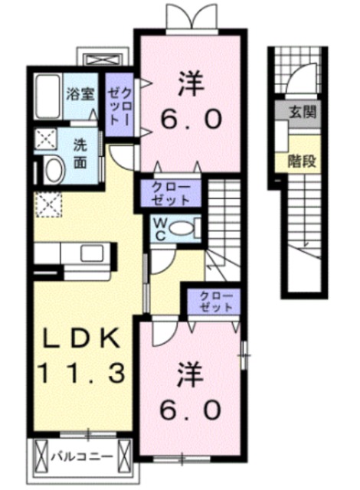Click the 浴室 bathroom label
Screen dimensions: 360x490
tap(80, 94)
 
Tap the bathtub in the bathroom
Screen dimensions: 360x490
tap(47, 96)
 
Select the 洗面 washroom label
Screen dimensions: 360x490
tap(80, 155)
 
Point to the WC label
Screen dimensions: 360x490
tap(160, 230)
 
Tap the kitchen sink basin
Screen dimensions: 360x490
tap(92, 253)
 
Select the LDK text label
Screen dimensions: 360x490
tap(81, 338)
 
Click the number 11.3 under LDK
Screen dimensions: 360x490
tap(81, 373)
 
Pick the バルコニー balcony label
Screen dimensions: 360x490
tap(82, 457)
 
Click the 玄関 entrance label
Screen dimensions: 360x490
tap(303, 112)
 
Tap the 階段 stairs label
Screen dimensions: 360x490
tap(302, 161)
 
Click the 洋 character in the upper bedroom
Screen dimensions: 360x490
tap(191, 83)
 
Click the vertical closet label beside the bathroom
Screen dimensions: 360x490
tap(119, 104)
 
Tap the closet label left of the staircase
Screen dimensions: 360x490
tap(171, 194)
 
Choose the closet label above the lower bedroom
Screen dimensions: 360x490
tap(216, 302)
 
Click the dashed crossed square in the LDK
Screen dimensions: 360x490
tap(49, 204)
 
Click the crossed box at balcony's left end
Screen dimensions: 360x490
tap(41, 457)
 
